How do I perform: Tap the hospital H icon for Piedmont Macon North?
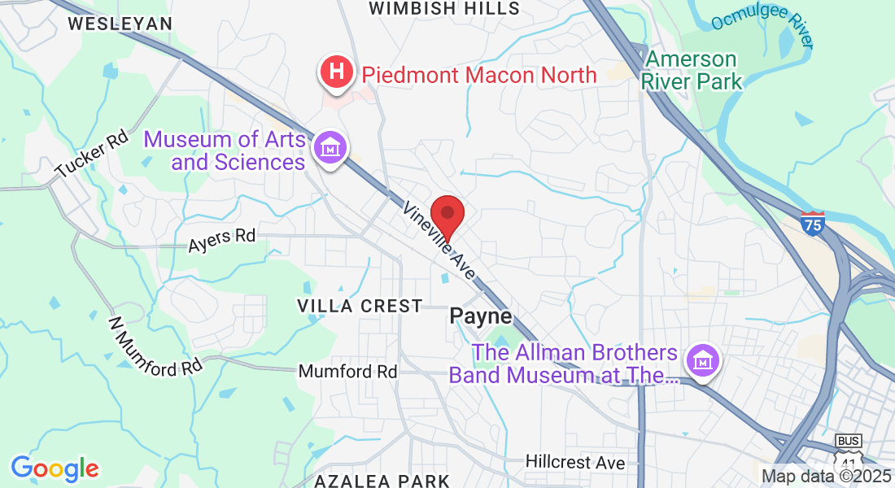tap(335, 72)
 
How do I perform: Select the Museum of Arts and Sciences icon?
tap(331, 149)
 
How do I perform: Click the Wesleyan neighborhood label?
tap(120, 24)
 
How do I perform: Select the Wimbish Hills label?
tap(444, 8)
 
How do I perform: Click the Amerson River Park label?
tap(692, 70)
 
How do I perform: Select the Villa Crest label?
tap(360, 306)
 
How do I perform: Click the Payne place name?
tap(481, 316)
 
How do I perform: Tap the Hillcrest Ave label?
tap(575, 462)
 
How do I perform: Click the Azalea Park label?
tap(382, 480)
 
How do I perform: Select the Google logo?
tap(55, 468)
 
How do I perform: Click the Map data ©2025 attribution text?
tap(825, 476)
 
